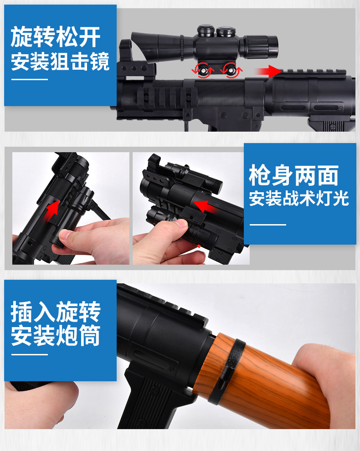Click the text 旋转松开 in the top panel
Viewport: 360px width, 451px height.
(x=56, y=36)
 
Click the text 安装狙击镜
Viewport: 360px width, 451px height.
(x=60, y=61)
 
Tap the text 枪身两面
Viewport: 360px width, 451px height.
(x=293, y=175)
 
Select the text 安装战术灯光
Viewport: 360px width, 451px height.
(x=299, y=198)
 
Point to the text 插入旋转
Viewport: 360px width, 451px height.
(x=56, y=312)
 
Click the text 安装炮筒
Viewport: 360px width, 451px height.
(x=56, y=335)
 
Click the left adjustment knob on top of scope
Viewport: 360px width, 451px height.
(x=206, y=31)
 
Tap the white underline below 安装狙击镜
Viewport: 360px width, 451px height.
(x=29, y=79)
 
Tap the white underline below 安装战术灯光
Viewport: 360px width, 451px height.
(x=267, y=225)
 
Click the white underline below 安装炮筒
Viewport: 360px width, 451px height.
(x=29, y=354)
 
